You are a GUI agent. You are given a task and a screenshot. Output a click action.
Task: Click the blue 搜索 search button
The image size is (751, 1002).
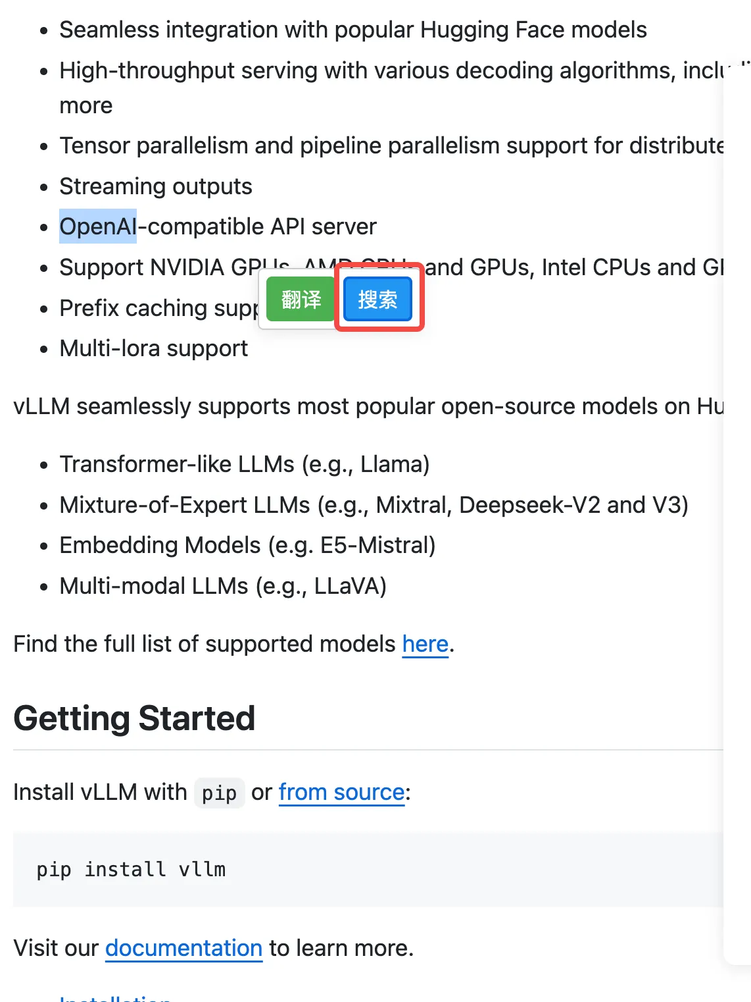point(377,300)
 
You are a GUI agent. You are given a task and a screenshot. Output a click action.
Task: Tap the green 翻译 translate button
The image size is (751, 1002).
point(301,300)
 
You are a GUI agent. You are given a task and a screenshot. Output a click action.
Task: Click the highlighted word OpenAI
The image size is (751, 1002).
point(98,226)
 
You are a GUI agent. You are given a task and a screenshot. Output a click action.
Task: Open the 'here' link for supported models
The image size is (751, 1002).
point(425,643)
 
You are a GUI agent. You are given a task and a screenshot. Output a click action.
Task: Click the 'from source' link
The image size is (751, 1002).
point(341,792)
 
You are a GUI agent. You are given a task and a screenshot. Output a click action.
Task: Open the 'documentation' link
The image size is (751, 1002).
point(183,947)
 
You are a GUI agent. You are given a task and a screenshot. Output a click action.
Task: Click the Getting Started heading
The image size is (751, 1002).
point(134,718)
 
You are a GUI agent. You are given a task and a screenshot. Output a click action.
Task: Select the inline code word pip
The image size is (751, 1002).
point(219,793)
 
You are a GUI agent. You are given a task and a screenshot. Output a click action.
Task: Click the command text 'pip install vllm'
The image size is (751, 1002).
point(131,869)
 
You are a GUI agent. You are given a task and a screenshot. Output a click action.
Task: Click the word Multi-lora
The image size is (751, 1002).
point(101,348)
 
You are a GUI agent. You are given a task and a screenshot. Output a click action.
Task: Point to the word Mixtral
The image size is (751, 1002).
point(412,505)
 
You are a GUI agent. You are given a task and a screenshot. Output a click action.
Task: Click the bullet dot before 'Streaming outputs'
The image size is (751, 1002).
point(44,188)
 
